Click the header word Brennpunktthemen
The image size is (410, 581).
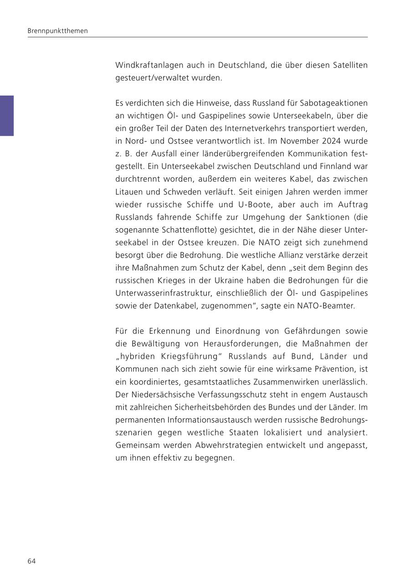[x=57, y=31]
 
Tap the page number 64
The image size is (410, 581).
[x=31, y=561]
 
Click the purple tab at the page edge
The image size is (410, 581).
[x=7, y=116]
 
